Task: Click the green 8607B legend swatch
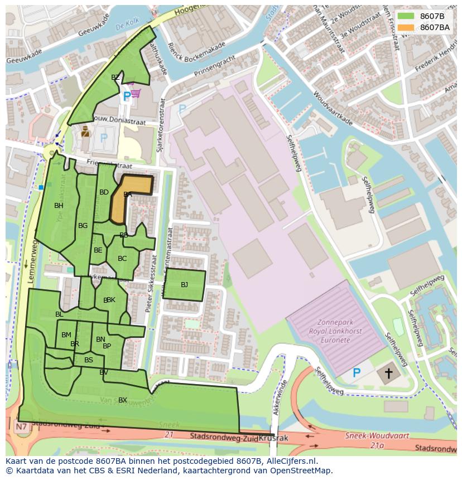click(406, 16)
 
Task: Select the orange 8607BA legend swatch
click(406, 27)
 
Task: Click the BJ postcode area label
click(184, 285)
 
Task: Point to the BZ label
click(116, 77)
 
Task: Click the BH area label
click(59, 206)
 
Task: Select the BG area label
click(83, 226)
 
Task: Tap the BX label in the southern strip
click(123, 400)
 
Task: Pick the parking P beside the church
click(357, 372)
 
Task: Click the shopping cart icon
click(134, 93)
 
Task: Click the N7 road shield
click(21, 427)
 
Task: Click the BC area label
click(122, 258)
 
